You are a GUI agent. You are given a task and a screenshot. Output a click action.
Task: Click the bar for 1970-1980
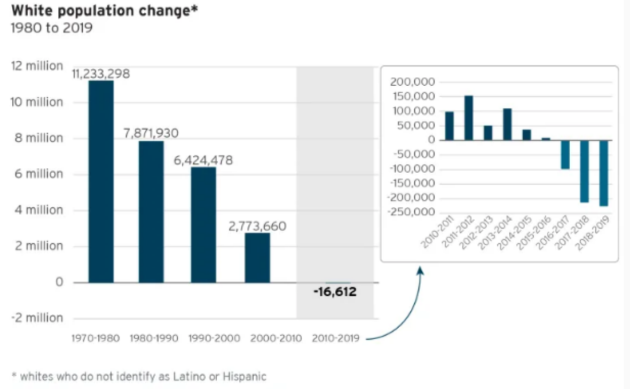[101, 181]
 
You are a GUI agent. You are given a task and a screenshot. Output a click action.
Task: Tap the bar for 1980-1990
[151, 212]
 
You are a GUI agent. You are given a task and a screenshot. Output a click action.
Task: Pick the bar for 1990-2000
[203, 224]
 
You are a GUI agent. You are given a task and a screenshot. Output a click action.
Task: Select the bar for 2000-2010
[257, 257]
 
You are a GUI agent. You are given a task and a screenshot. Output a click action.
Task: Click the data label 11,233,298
[101, 74]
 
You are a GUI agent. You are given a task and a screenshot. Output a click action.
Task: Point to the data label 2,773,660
[257, 226]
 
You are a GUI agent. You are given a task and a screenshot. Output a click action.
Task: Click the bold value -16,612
[335, 291]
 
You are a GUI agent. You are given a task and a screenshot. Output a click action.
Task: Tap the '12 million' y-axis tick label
[37, 66]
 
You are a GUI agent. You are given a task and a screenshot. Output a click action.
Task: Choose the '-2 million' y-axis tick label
[37, 318]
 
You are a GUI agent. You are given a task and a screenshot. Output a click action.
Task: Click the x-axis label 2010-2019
[335, 338]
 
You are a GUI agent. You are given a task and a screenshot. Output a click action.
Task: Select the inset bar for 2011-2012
[469, 118]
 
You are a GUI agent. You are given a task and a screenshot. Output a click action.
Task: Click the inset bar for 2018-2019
[603, 173]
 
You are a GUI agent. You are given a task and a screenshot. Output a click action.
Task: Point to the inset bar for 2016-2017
[565, 155]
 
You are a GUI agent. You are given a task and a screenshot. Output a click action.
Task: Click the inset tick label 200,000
[413, 82]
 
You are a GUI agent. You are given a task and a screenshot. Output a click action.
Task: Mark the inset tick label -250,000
[412, 213]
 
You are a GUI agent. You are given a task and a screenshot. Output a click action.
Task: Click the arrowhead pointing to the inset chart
[420, 270]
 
